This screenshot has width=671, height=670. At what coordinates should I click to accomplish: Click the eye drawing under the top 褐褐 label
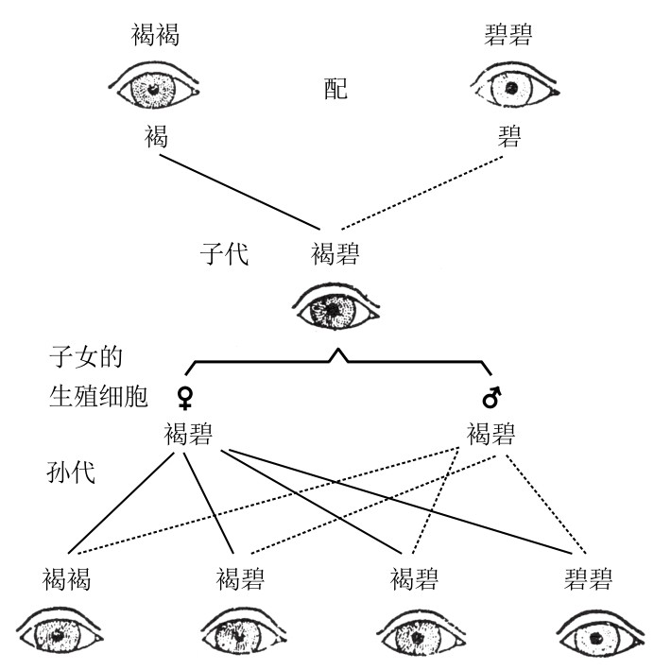[157, 88]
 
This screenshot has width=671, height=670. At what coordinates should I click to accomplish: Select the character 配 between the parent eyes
[335, 89]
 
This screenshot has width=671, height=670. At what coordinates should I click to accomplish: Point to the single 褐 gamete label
[157, 137]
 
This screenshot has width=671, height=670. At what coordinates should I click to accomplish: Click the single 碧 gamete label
[511, 137]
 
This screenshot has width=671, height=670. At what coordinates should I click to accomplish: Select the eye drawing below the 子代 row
[336, 306]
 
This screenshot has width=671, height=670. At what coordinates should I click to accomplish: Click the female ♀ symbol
[186, 394]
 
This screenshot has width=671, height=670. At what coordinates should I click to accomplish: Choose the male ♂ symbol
[490, 394]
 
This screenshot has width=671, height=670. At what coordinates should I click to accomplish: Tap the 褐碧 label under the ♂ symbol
[491, 435]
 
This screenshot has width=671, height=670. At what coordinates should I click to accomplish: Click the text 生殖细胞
[98, 395]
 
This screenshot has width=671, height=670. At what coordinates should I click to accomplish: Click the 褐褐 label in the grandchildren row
[67, 578]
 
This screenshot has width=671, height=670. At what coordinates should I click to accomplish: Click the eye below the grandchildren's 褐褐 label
[64, 634]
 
